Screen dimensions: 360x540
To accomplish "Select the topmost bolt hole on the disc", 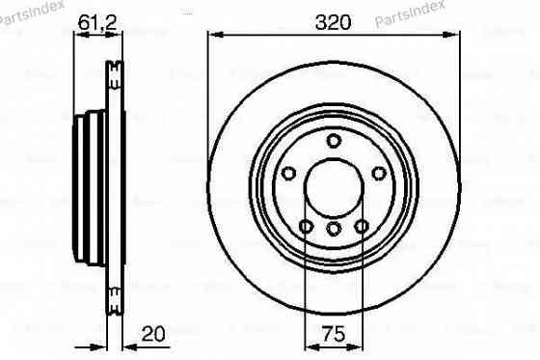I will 334,141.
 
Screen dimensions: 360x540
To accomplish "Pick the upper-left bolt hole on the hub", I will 288,173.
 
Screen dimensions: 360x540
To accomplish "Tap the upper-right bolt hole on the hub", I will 379,173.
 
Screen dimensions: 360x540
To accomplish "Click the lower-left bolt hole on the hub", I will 306,226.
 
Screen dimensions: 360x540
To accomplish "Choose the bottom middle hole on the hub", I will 334,229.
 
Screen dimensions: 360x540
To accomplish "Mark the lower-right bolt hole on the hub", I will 362,226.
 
